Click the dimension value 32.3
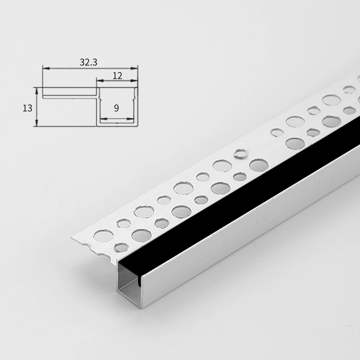(88, 62)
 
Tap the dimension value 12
(117, 76)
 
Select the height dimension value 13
(27, 108)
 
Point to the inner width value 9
(117, 108)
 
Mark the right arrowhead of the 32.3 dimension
(134, 68)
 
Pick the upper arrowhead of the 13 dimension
(36, 91)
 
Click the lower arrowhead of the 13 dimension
(36, 122)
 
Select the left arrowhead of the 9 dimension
(104, 119)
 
